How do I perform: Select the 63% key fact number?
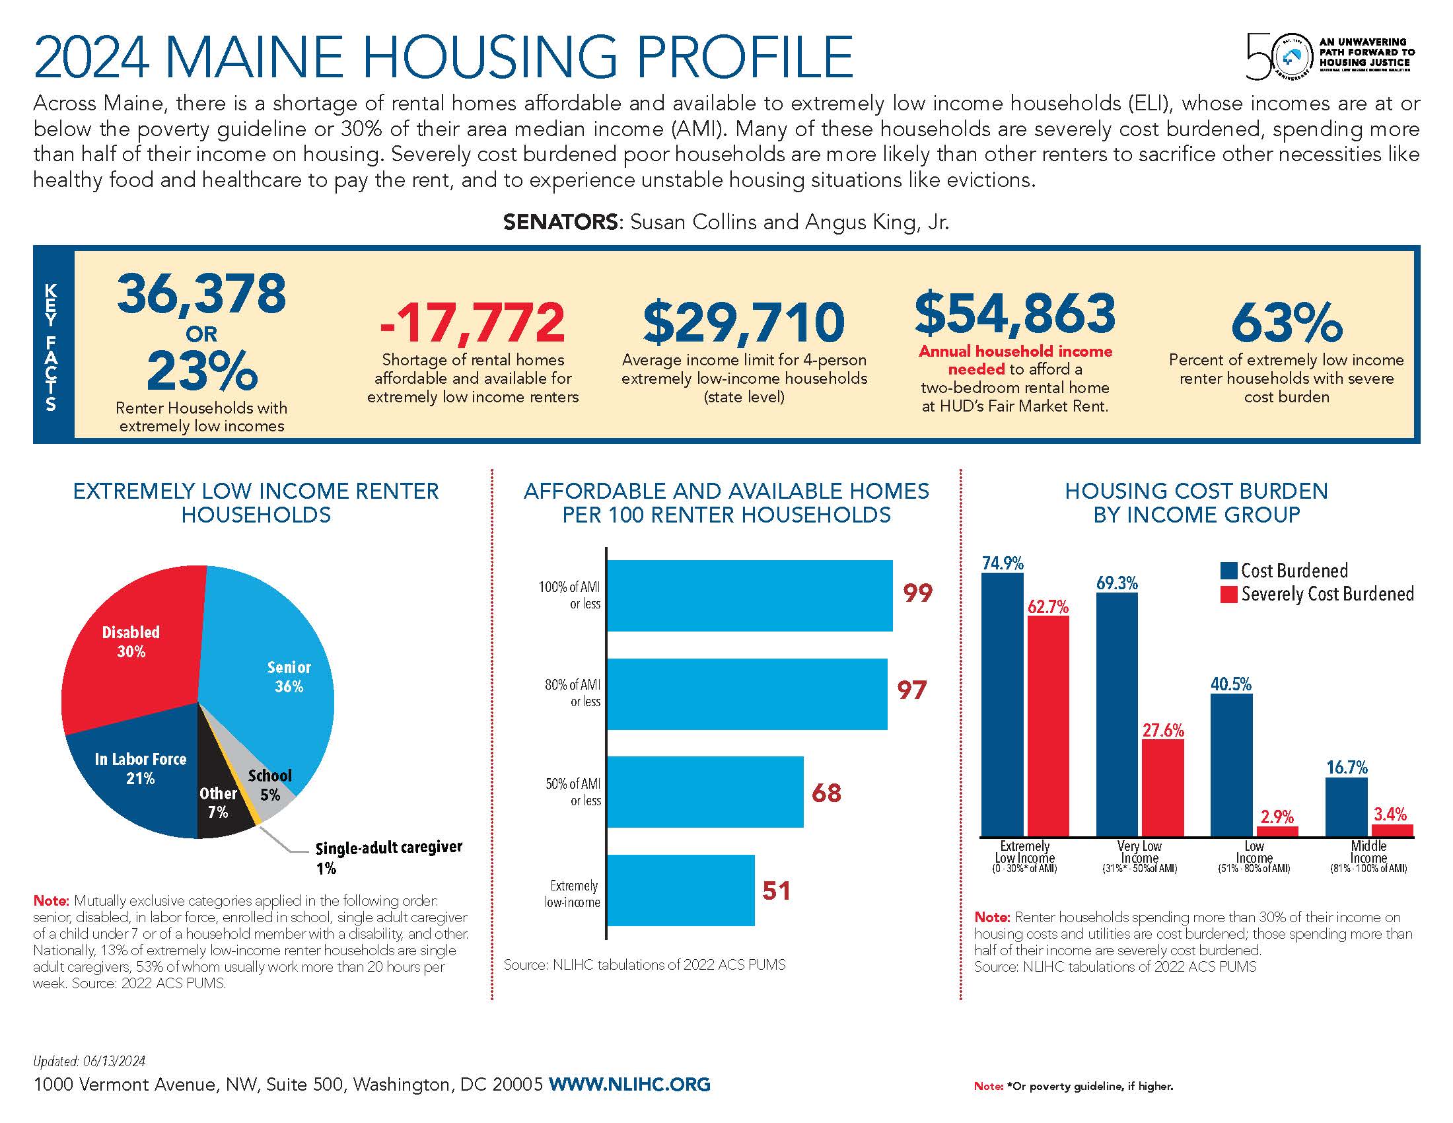coord(1285,323)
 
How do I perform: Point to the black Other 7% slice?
coord(223,809)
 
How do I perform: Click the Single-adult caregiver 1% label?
coord(388,856)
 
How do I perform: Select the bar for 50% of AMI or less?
coord(705,791)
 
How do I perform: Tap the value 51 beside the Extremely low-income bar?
coord(776,891)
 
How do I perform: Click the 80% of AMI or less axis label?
coord(573,692)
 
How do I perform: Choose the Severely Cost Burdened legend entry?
coord(1328,594)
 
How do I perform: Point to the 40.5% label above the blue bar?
coord(1231,684)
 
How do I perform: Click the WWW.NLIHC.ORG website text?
coord(629,1084)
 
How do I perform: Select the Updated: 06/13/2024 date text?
coord(89,1061)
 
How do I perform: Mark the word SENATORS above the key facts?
coord(561,222)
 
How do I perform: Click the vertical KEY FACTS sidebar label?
coord(52,347)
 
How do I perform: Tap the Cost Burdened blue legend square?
coord(1228,571)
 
